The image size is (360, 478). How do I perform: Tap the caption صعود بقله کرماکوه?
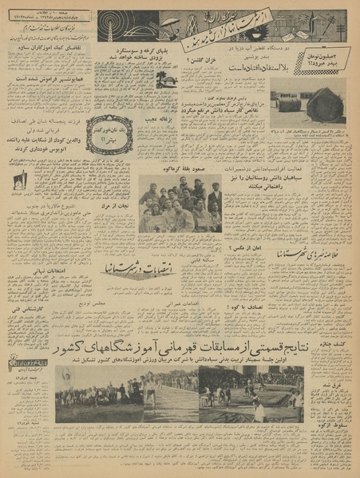180,170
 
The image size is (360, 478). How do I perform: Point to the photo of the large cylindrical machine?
323,105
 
